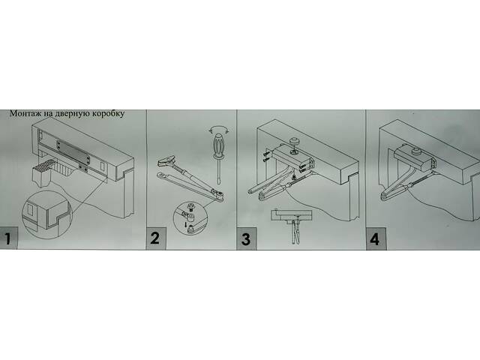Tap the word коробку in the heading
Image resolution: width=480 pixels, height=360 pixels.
click(x=107, y=113)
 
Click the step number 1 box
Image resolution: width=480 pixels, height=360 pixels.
click(x=8, y=238)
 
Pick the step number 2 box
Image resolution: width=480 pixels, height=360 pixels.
click(x=156, y=238)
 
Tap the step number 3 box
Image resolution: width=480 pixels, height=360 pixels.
click(x=247, y=238)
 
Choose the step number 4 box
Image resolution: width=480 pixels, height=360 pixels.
click(x=376, y=238)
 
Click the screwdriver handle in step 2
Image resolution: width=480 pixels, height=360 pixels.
click(x=218, y=144)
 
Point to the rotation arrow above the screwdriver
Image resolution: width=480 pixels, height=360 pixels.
click(x=218, y=129)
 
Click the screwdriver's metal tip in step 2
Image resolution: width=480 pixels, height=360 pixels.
click(x=219, y=170)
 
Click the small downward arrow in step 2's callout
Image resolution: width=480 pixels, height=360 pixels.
click(x=186, y=224)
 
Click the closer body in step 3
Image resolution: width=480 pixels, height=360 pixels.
click(x=292, y=157)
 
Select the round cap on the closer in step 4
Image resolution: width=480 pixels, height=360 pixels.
click(x=416, y=151)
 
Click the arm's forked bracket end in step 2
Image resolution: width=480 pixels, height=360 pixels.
click(x=166, y=161)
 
